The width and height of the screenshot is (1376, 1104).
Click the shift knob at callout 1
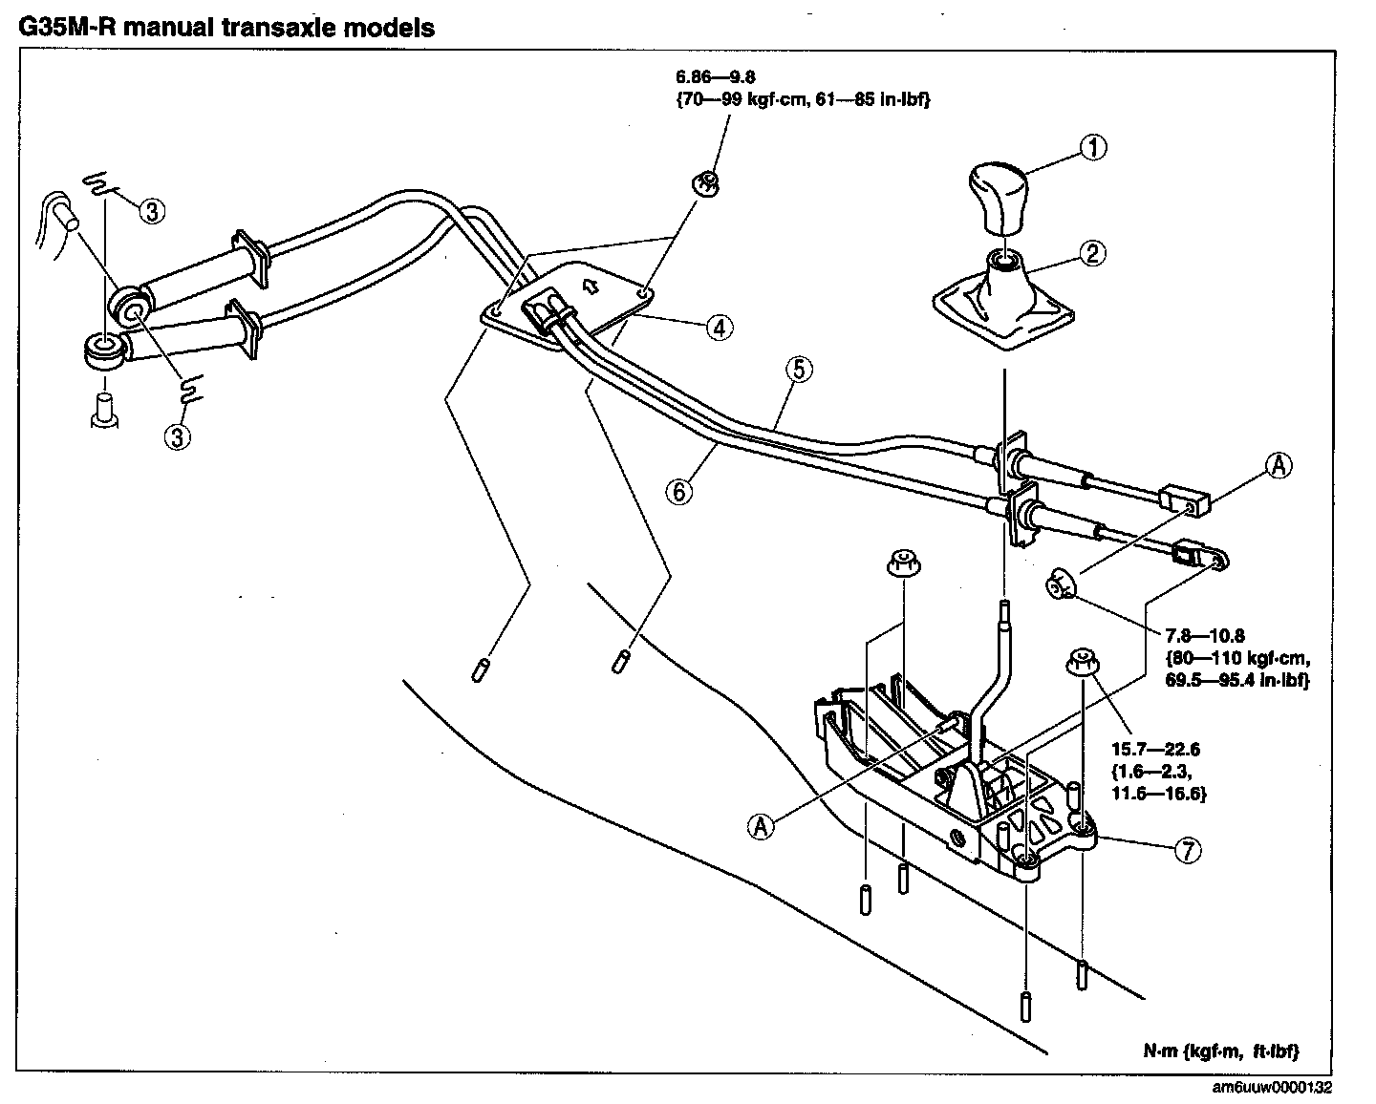click(998, 195)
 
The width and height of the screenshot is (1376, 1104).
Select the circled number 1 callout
click(1093, 148)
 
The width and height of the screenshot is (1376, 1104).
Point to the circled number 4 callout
click(719, 328)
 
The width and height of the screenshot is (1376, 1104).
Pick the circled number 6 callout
click(677, 491)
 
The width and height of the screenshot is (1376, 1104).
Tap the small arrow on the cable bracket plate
click(590, 284)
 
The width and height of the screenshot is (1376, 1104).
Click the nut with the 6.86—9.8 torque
click(704, 180)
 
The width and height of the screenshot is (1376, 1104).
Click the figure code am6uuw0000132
click(1271, 1086)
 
